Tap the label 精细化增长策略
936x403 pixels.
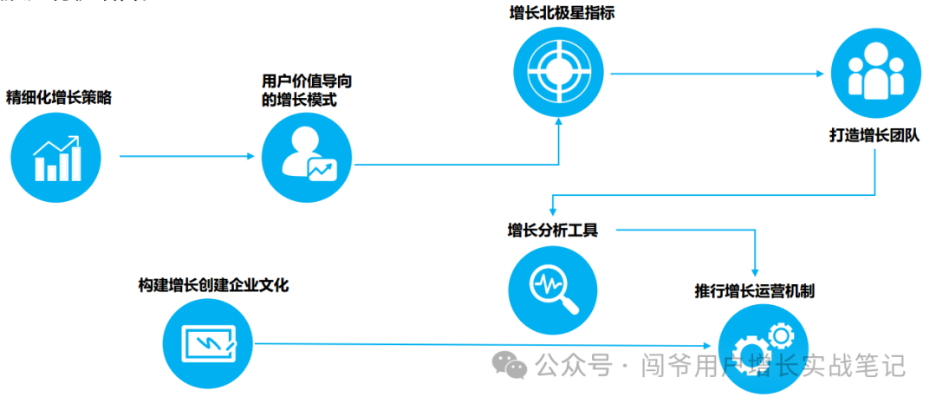tap(59, 97)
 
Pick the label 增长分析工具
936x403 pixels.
tap(552, 231)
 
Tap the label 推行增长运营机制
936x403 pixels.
tap(754, 290)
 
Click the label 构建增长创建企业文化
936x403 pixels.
tap(213, 285)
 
